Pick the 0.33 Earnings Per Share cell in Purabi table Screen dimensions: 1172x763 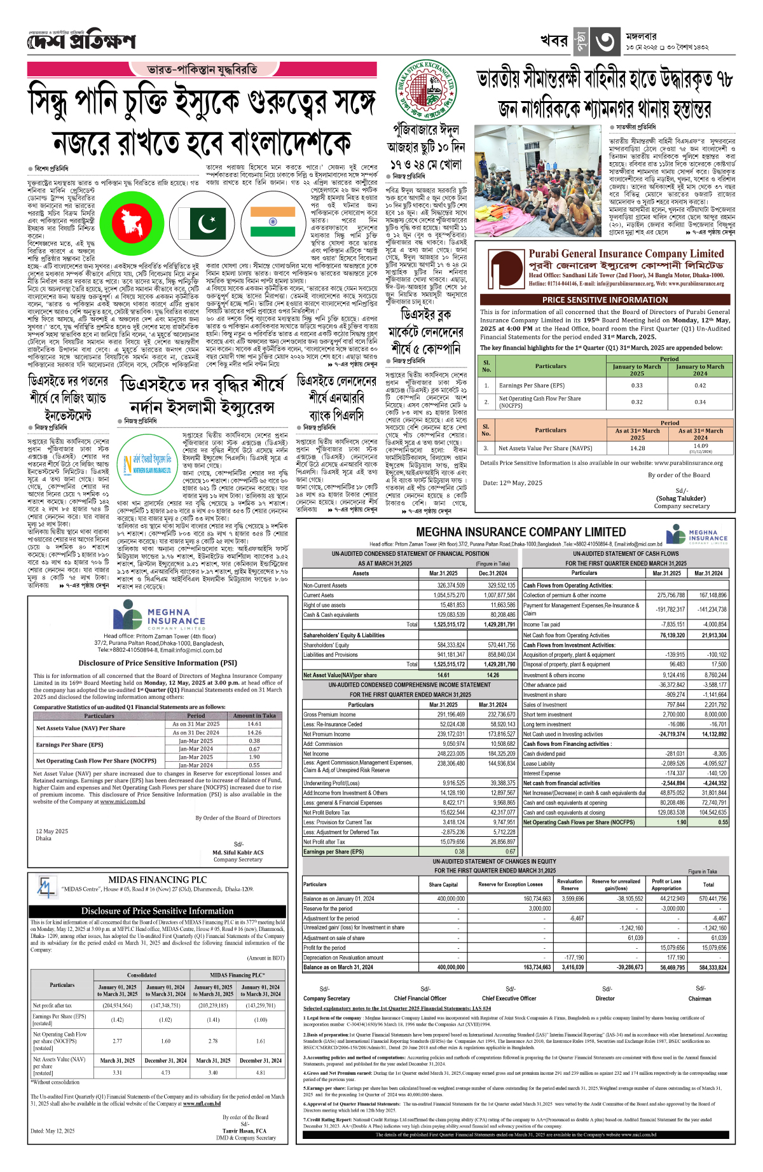click(636, 385)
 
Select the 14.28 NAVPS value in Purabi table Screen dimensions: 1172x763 click(637, 448)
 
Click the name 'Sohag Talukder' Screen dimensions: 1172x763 click(682, 499)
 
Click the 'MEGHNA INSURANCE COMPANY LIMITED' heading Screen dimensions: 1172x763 click(521, 532)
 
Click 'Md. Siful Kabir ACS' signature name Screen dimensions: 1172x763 click(238, 852)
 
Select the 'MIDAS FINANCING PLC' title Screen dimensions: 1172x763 click(157, 880)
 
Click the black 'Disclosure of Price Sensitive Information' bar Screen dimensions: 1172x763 click(157, 911)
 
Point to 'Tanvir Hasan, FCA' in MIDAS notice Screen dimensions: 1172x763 click(245, 1131)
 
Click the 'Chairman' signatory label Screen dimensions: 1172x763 click(699, 998)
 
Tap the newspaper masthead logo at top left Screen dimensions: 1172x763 click(81, 41)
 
